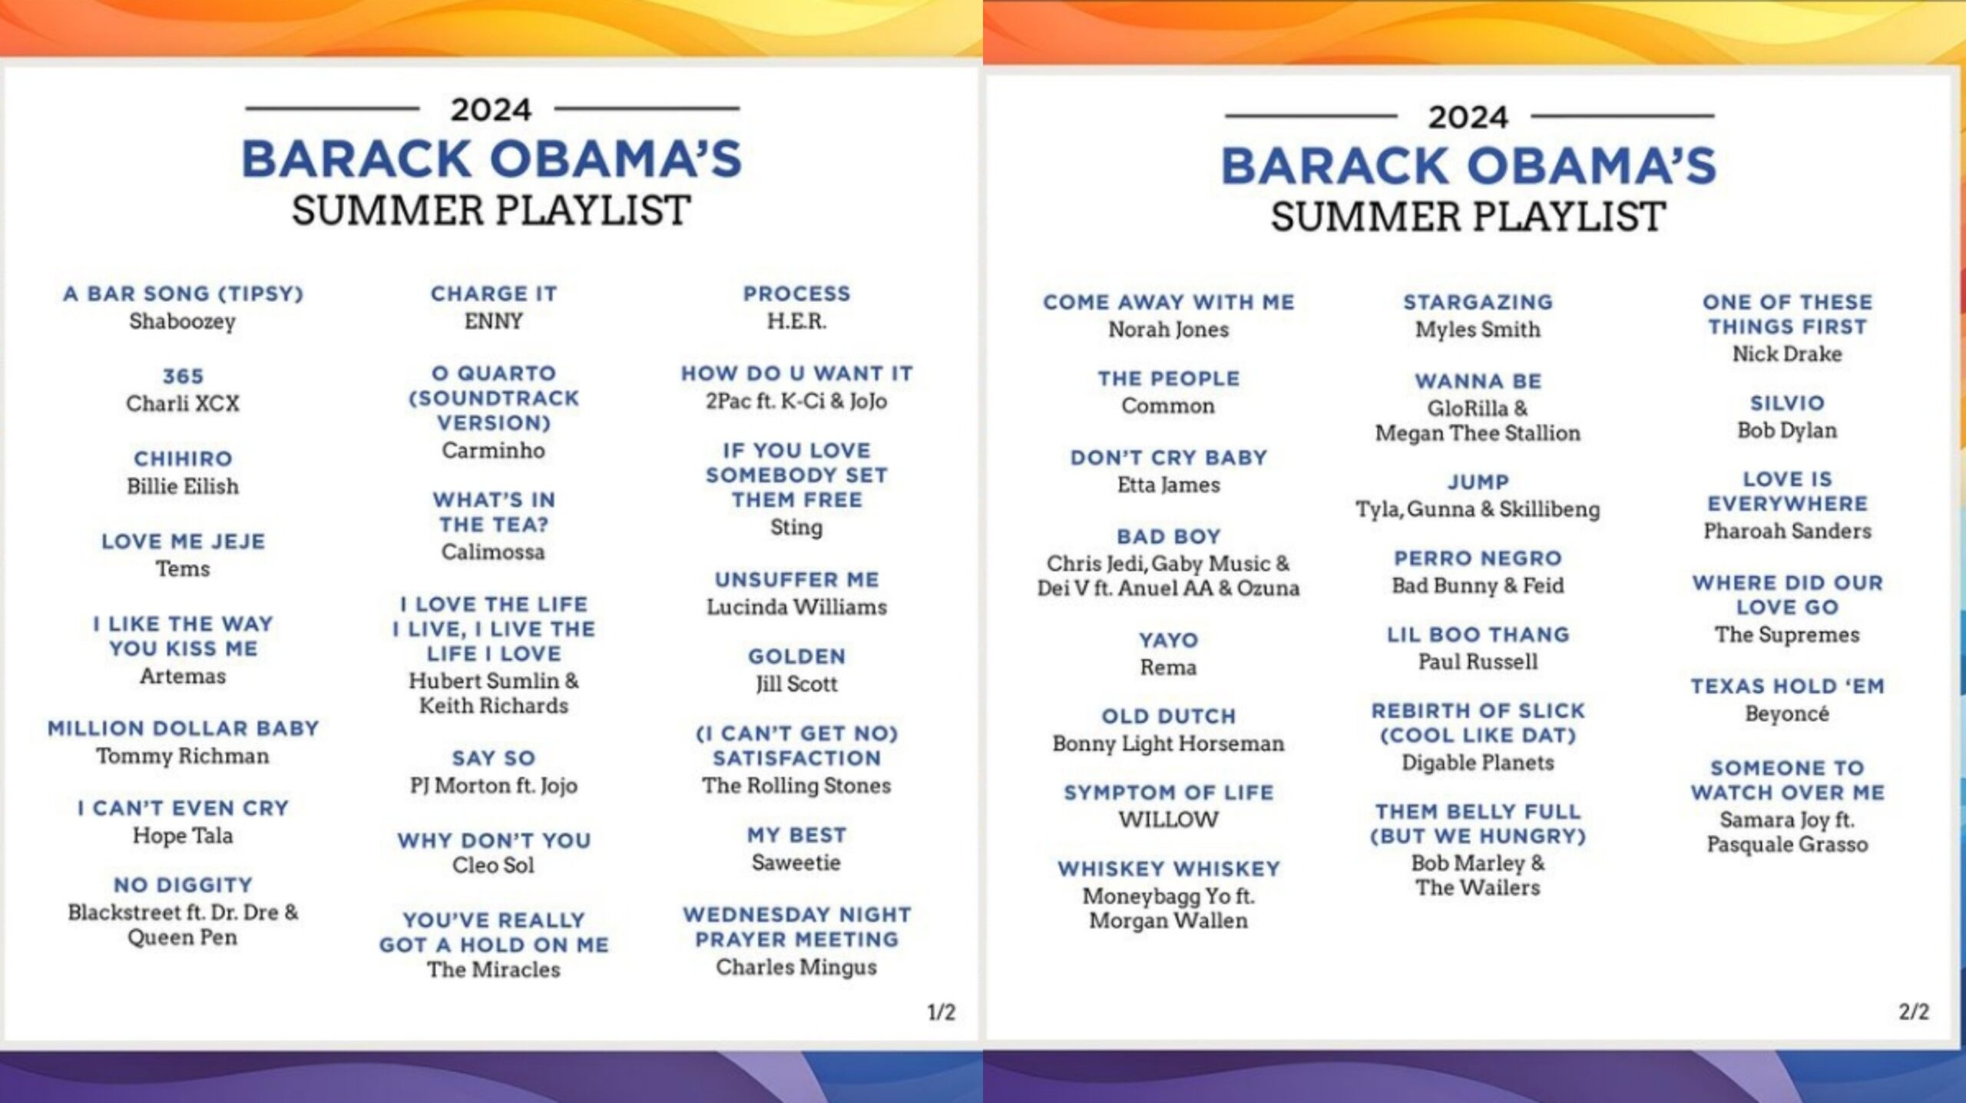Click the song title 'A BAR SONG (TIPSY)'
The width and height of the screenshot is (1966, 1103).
point(183,294)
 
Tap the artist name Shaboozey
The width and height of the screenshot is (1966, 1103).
point(183,321)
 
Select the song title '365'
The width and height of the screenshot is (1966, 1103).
point(183,376)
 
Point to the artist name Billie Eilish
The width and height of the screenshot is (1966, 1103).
point(183,486)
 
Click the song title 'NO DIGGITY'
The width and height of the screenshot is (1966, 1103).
point(183,885)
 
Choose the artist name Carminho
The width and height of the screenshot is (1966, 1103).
point(493,450)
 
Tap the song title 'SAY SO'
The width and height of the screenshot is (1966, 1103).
point(493,758)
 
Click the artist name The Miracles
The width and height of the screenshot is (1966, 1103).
point(494,969)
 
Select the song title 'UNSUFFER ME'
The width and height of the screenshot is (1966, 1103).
point(796,580)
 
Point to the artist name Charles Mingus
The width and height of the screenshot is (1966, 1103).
point(796,967)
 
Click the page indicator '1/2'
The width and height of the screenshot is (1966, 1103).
point(942,1012)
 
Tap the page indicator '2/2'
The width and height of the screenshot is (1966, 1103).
point(1914,1012)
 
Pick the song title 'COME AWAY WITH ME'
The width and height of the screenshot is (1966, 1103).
point(1168,302)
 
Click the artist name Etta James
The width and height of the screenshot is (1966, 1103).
point(1168,485)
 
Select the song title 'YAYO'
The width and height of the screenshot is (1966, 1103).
point(1168,640)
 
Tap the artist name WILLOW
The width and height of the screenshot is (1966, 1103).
point(1168,819)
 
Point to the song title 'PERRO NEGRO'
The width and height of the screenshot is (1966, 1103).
point(1478,558)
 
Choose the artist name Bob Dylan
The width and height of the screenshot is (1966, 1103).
point(1787,430)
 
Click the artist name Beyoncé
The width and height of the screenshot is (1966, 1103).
point(1787,714)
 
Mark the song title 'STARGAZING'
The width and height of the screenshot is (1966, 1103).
point(1478,302)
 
